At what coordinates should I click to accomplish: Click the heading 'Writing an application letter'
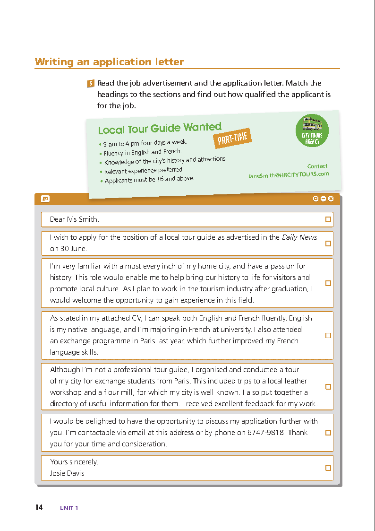109,62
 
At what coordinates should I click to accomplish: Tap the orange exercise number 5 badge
91,84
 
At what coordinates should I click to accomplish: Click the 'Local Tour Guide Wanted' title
160,128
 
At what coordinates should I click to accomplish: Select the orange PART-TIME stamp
232,138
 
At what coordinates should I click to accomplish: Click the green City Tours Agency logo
312,131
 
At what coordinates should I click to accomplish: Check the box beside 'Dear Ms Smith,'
328,219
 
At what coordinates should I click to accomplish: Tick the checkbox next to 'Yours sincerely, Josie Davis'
328,468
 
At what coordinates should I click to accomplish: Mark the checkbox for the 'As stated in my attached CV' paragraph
328,335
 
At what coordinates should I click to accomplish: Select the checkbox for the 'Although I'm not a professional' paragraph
328,387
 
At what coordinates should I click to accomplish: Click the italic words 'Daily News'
299,237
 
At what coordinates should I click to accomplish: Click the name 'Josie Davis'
67,473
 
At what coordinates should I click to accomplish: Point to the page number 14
39,507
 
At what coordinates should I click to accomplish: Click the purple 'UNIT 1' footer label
69,508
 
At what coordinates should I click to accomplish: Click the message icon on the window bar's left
45,199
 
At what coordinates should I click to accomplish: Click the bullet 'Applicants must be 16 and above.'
149,179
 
